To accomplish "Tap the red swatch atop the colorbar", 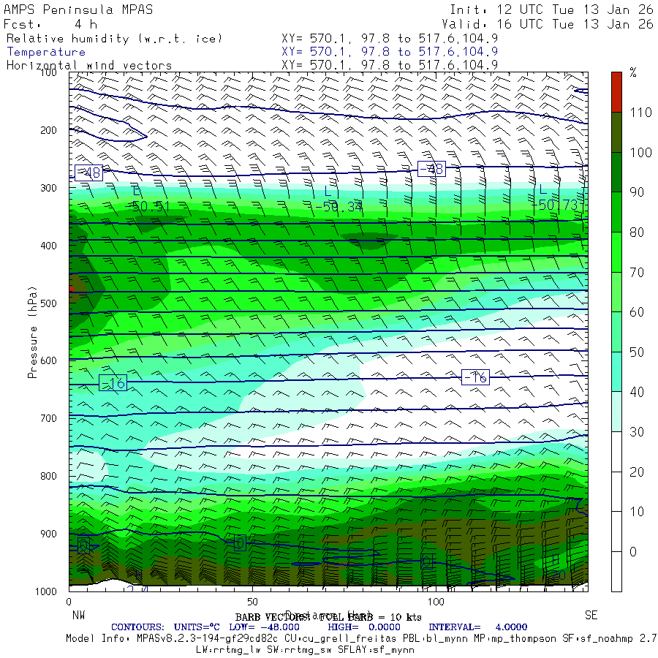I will (617, 91).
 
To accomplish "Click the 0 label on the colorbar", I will (633, 551).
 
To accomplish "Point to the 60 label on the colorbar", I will (636, 312).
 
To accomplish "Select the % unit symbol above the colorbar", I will (633, 72).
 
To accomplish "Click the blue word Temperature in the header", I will (46, 52).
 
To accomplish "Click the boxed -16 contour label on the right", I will (475, 377).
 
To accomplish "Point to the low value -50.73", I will (557, 205).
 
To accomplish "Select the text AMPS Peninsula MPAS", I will (73, 10).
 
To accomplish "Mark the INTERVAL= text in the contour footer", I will (455, 627).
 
